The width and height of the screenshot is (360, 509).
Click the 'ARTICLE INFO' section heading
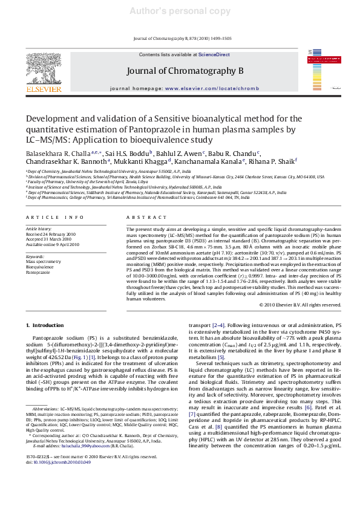pos(52,216)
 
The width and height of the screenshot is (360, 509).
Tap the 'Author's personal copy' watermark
pos(180,10)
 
